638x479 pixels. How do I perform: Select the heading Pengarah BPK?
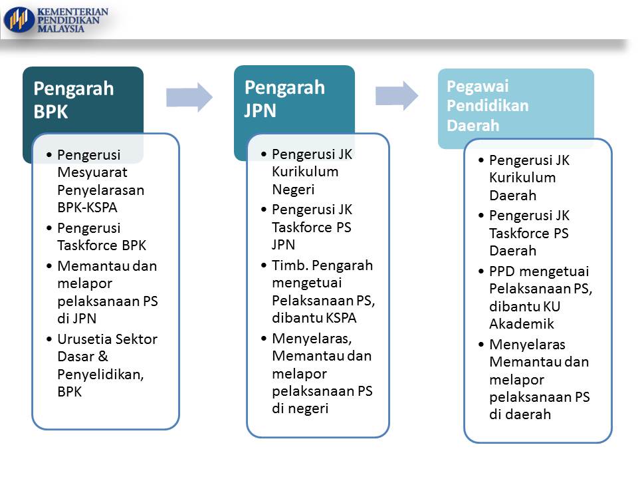[x=73, y=100]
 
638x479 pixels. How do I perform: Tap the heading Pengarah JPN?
[x=284, y=98]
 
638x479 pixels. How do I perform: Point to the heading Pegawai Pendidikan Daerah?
[x=488, y=106]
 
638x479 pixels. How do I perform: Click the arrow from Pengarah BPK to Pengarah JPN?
[x=189, y=97]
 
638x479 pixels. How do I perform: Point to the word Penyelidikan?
[x=100, y=375]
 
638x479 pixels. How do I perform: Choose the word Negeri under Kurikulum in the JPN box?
[x=293, y=189]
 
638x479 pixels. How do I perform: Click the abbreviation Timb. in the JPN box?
[x=288, y=265]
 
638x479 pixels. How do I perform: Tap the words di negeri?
[x=300, y=408]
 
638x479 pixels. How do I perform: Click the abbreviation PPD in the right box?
[x=503, y=271]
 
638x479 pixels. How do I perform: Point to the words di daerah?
[x=520, y=414]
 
